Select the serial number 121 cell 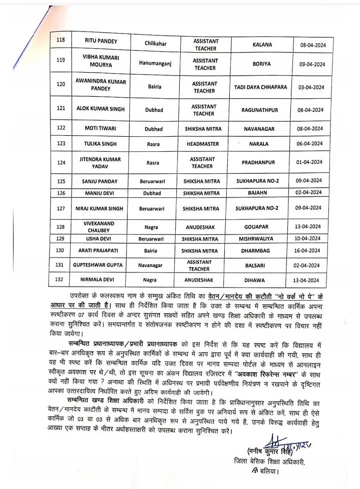(x=61, y=108)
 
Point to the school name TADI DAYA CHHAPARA (x=260, y=87)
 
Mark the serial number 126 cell (x=61, y=192)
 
